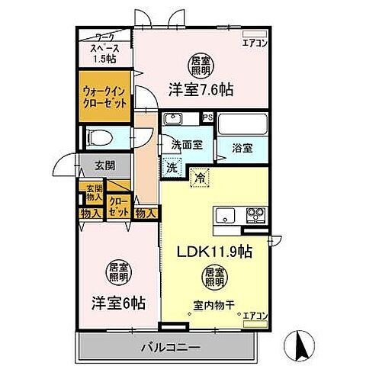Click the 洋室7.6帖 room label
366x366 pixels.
pos(200,89)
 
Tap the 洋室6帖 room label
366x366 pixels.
pos(114,303)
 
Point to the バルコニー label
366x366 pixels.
pos(170,347)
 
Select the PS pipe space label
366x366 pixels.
pos(207,118)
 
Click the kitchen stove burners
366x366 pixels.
pos(254,213)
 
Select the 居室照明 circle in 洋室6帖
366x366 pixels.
pos(117,272)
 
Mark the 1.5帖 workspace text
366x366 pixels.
pos(104,59)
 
